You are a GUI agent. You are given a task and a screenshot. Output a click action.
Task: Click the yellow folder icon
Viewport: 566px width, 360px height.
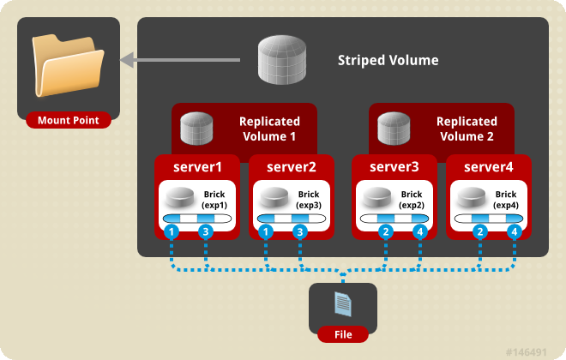pyautogui.click(x=69, y=68)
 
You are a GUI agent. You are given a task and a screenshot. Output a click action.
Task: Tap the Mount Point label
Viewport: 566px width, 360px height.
pyautogui.click(x=69, y=120)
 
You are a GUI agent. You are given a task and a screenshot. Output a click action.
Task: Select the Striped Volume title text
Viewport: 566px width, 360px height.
pyautogui.click(x=388, y=61)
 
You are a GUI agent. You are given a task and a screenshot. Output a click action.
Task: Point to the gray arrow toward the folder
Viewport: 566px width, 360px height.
pyautogui.click(x=180, y=61)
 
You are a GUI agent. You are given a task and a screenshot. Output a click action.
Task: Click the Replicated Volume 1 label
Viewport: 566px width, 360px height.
pyautogui.click(x=268, y=129)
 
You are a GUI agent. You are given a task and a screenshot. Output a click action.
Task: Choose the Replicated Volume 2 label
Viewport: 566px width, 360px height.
pyautogui.click(x=467, y=129)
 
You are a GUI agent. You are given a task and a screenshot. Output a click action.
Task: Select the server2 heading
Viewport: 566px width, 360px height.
pyautogui.click(x=292, y=166)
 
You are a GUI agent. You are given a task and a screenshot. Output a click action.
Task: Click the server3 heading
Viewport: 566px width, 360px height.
pyautogui.click(x=395, y=166)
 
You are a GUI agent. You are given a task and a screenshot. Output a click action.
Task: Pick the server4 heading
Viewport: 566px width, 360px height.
pyautogui.click(x=489, y=166)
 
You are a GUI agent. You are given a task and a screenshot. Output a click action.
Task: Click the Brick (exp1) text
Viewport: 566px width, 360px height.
pyautogui.click(x=215, y=201)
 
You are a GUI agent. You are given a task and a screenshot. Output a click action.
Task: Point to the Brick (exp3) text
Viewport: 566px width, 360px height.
pyautogui.click(x=310, y=201)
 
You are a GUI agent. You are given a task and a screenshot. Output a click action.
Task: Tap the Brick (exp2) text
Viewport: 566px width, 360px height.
pyautogui.click(x=412, y=201)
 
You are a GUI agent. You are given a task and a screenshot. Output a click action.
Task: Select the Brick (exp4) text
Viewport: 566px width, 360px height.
pyautogui.click(x=506, y=201)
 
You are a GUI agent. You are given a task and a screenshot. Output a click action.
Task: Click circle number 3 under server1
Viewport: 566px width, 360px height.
pyautogui.click(x=205, y=232)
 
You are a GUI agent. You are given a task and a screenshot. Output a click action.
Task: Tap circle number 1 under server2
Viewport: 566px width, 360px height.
pyautogui.click(x=267, y=232)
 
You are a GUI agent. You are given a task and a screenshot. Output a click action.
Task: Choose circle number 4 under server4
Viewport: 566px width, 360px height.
pyautogui.click(x=514, y=232)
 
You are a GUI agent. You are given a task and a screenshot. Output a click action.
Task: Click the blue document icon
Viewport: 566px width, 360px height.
pyautogui.click(x=342, y=303)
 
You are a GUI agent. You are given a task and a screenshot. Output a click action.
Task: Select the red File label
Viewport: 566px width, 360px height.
pyautogui.click(x=342, y=334)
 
